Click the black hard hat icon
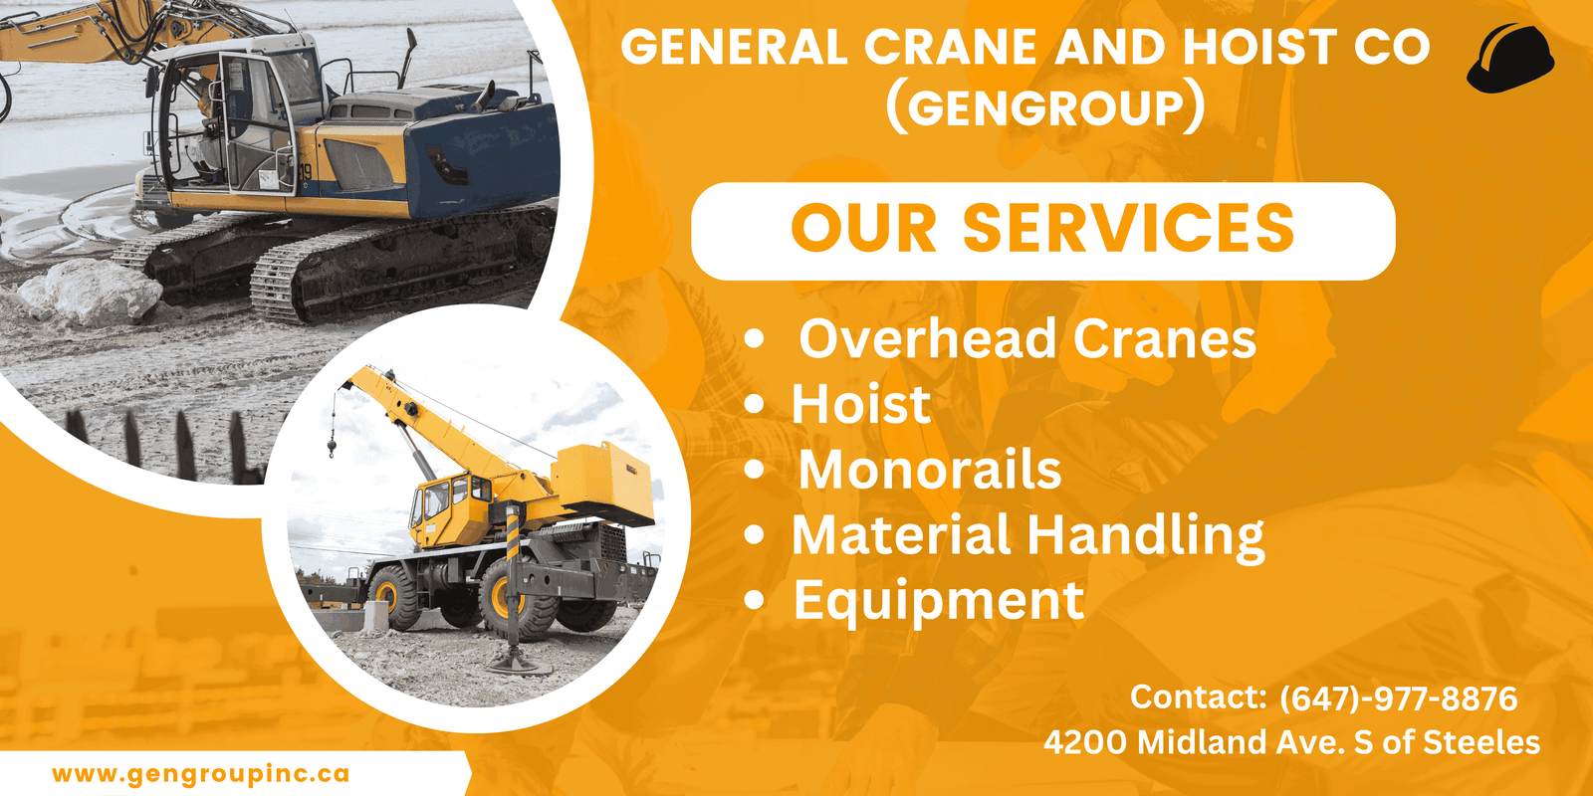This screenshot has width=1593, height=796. coord(1509,58)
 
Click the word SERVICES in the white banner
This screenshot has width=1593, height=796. coord(1128,228)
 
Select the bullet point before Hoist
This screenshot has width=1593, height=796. coord(754,404)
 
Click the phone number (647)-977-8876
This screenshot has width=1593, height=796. coord(1398,697)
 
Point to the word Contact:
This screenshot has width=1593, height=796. coord(1199,696)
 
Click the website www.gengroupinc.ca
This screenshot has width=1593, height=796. coord(200,773)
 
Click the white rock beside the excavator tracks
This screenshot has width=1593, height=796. coord(91,293)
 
